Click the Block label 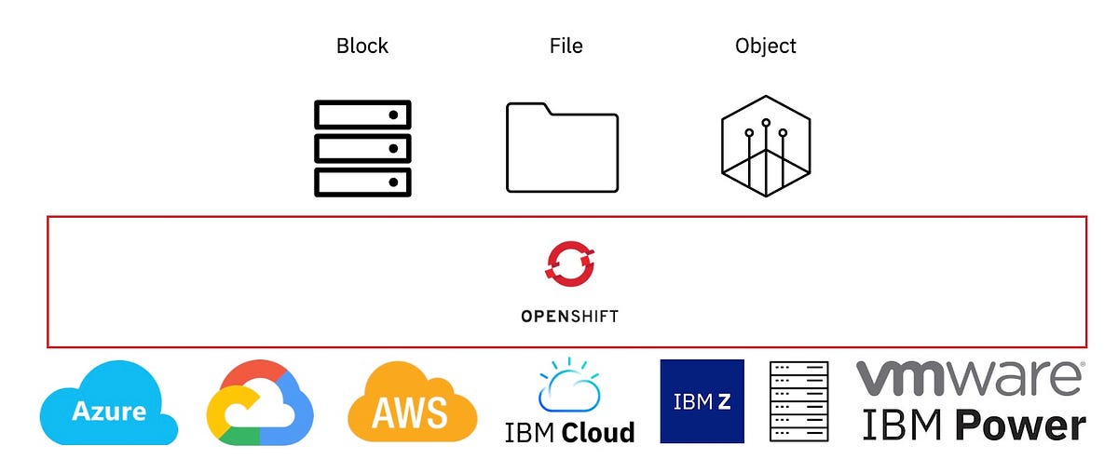tap(361, 46)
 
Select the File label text tap(566, 46)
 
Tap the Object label tap(765, 46)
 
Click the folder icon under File tap(562, 151)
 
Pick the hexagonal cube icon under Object tap(765, 146)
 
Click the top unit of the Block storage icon tap(362, 115)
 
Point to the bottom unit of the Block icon tap(362, 182)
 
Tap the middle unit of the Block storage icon tap(362, 148)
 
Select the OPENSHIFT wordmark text tap(569, 316)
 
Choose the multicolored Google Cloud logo tap(260, 403)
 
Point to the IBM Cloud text tap(569, 432)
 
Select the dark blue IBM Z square tap(702, 401)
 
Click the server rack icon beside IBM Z tap(798, 401)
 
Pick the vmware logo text tap(970, 378)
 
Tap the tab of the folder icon tap(527, 108)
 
